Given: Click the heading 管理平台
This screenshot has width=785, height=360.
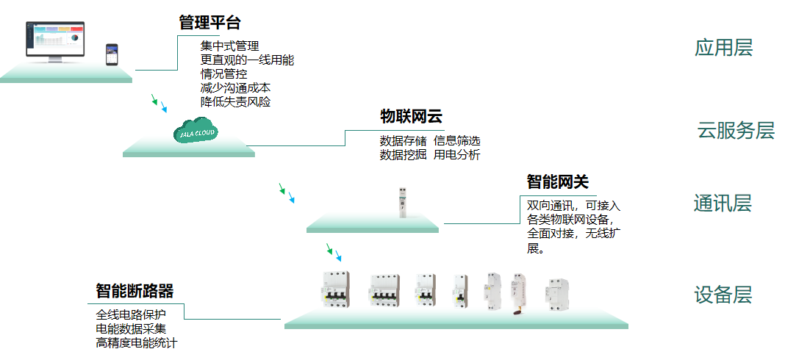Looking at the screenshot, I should point(209,23).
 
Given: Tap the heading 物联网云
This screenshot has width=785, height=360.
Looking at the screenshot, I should point(411,117).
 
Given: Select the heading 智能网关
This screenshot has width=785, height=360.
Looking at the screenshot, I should point(557,182).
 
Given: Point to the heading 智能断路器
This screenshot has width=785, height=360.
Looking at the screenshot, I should point(135,291).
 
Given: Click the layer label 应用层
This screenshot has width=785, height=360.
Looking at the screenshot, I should point(723,48).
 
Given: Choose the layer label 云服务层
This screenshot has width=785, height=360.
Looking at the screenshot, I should point(736,131).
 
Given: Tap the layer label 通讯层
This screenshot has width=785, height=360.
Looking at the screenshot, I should point(723,204).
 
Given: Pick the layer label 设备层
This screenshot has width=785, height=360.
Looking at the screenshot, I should point(723,295).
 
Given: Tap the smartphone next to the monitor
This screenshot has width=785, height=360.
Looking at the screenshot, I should point(112,54).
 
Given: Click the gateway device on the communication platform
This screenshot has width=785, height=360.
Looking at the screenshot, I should point(402,203).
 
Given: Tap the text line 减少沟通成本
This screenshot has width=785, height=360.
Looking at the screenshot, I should point(235,88).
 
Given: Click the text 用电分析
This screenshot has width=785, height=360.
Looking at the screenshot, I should point(456,155).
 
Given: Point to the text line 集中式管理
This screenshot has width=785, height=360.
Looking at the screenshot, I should point(229,46).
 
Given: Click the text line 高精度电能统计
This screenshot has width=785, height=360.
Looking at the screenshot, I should point(137,342).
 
